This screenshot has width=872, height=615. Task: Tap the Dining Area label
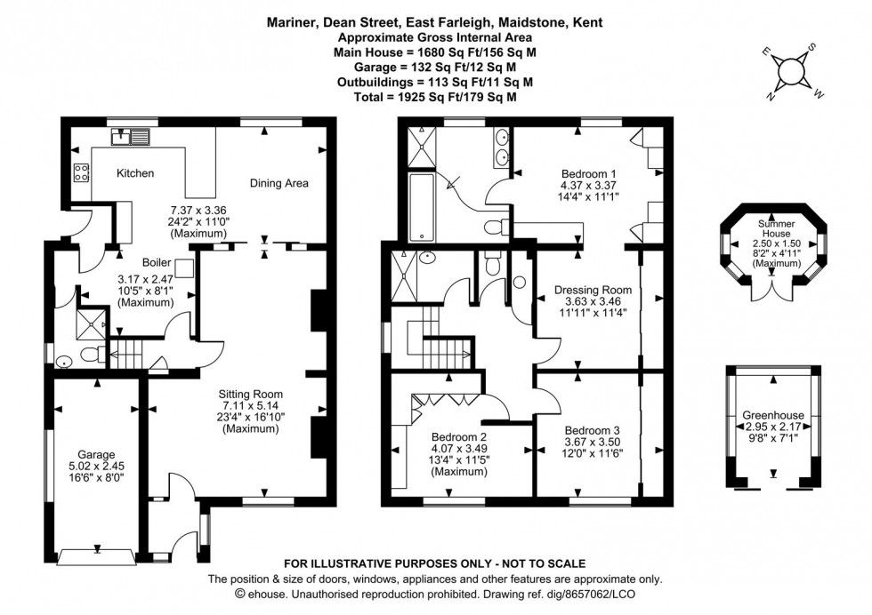279,183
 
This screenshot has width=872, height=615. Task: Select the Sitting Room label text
254,394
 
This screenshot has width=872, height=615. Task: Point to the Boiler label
157,263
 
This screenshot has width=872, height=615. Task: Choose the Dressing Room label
593,290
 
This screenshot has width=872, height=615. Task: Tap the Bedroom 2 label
459,437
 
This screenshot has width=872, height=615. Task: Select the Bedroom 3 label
593,429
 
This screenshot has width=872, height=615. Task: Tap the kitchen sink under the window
127,137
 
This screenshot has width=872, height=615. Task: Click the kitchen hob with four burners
79,172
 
